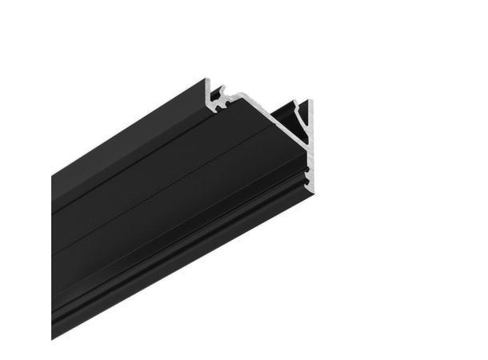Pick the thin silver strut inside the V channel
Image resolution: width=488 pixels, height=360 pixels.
(298, 120)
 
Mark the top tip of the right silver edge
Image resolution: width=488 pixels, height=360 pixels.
(310, 101)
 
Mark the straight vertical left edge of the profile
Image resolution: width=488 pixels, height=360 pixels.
(52, 256)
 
